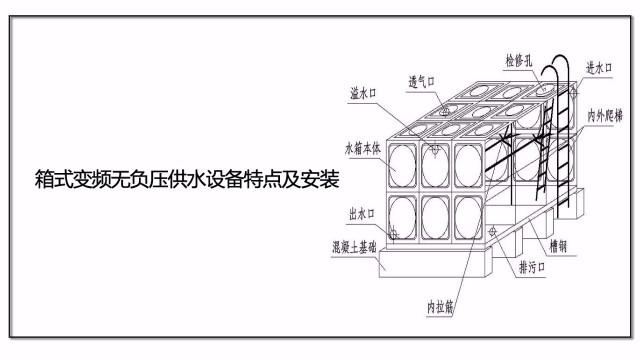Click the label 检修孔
click(x=521, y=61)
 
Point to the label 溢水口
click(x=361, y=96)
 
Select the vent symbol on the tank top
click(x=442, y=113)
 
